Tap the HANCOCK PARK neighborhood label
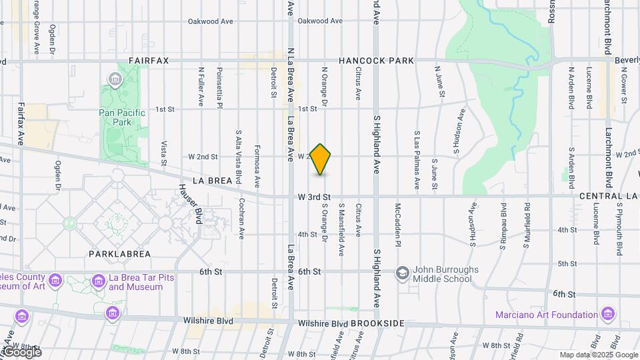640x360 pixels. click(x=376, y=61)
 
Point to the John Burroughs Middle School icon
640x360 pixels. click(x=402, y=273)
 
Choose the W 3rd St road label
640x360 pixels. click(x=315, y=197)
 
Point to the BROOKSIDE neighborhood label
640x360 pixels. click(x=377, y=323)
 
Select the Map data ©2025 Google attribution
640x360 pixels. click(x=597, y=355)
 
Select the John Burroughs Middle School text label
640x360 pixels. click(x=443, y=273)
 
